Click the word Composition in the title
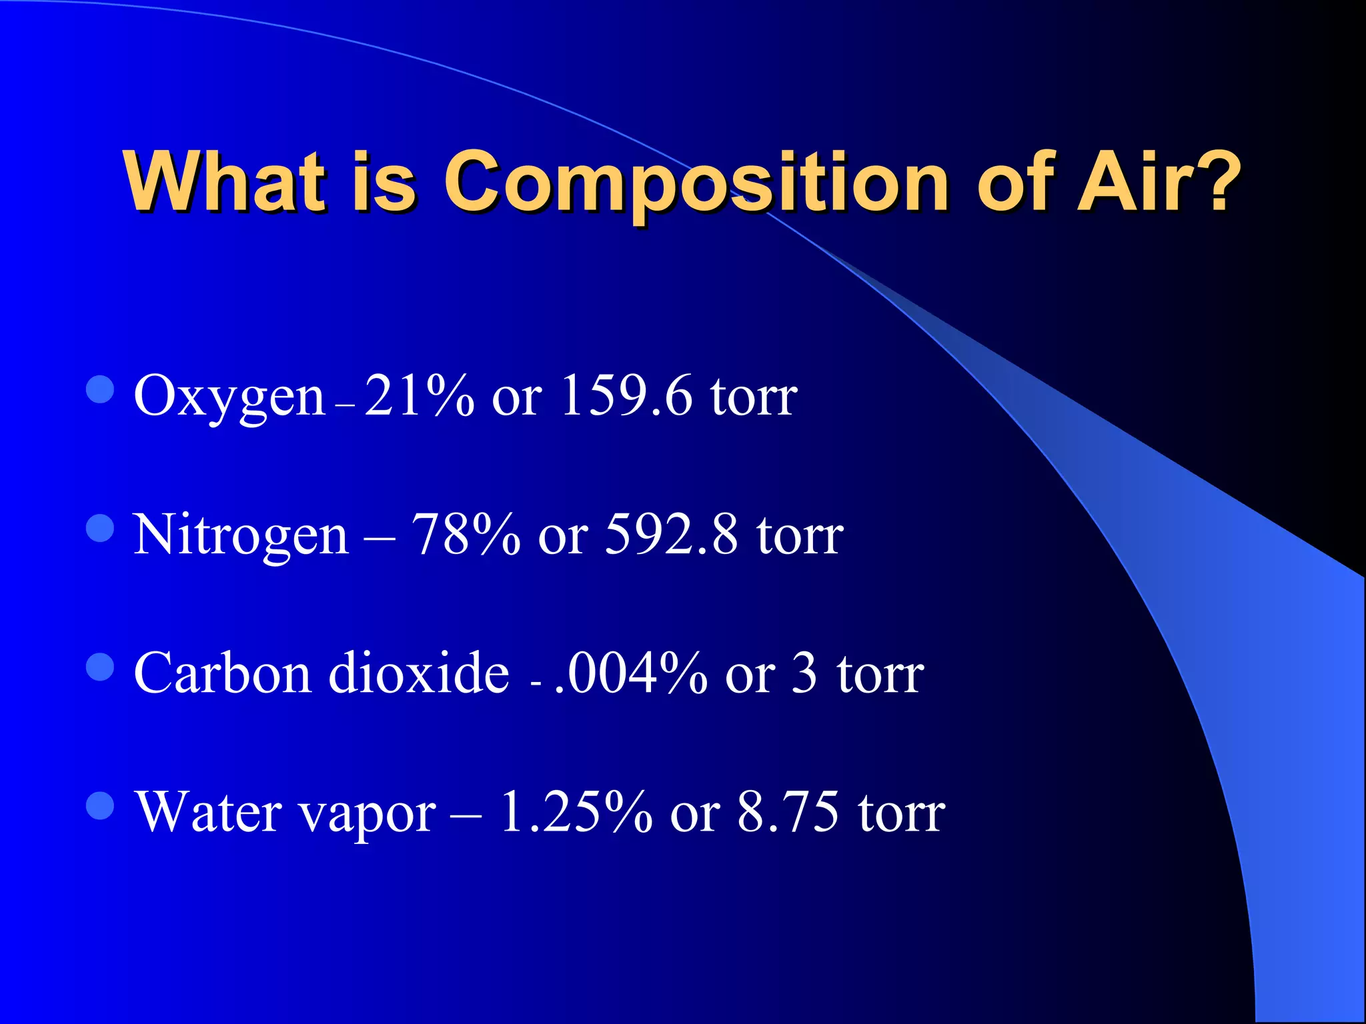[x=696, y=183]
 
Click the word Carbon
[x=222, y=673]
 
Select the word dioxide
[x=419, y=673]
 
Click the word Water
[x=209, y=811]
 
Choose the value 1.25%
[x=576, y=811]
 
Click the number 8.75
[x=788, y=811]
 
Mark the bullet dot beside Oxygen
[x=101, y=389]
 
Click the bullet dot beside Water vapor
[x=101, y=805]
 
